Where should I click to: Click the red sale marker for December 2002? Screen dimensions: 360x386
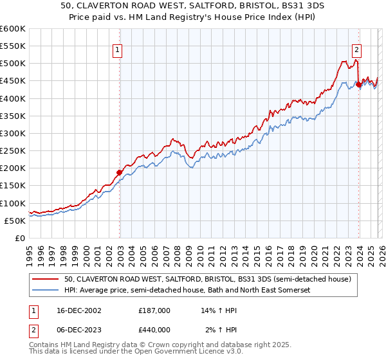(120, 172)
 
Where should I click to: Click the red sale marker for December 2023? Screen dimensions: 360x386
(359, 84)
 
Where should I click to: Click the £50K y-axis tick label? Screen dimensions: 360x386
(15, 221)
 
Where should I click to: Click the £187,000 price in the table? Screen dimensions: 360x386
(154, 310)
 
